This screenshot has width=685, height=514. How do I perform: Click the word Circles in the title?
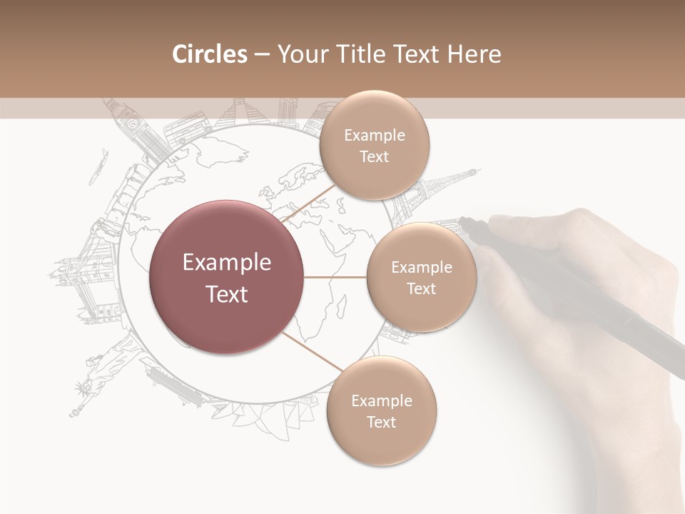(x=209, y=54)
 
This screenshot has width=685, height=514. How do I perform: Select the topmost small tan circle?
(x=374, y=146)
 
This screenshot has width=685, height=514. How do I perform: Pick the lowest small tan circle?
(x=381, y=411)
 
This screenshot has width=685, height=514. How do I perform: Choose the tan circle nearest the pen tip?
(x=421, y=278)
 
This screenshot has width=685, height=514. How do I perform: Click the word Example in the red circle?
(x=227, y=263)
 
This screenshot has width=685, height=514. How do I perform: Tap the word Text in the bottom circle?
(x=381, y=422)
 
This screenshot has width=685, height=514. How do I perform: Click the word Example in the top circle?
(x=374, y=135)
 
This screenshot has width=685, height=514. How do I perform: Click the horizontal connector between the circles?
(x=335, y=277)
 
